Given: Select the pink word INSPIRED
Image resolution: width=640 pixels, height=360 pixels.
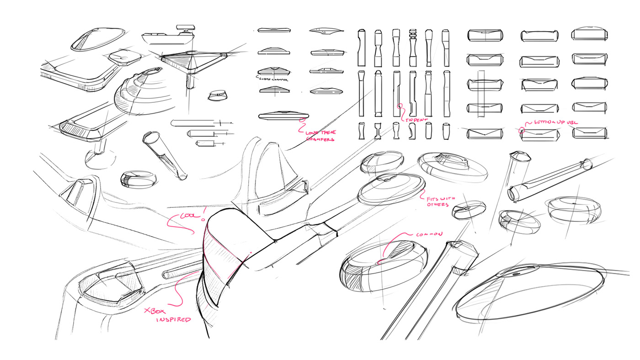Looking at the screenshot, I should (x=173, y=320).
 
